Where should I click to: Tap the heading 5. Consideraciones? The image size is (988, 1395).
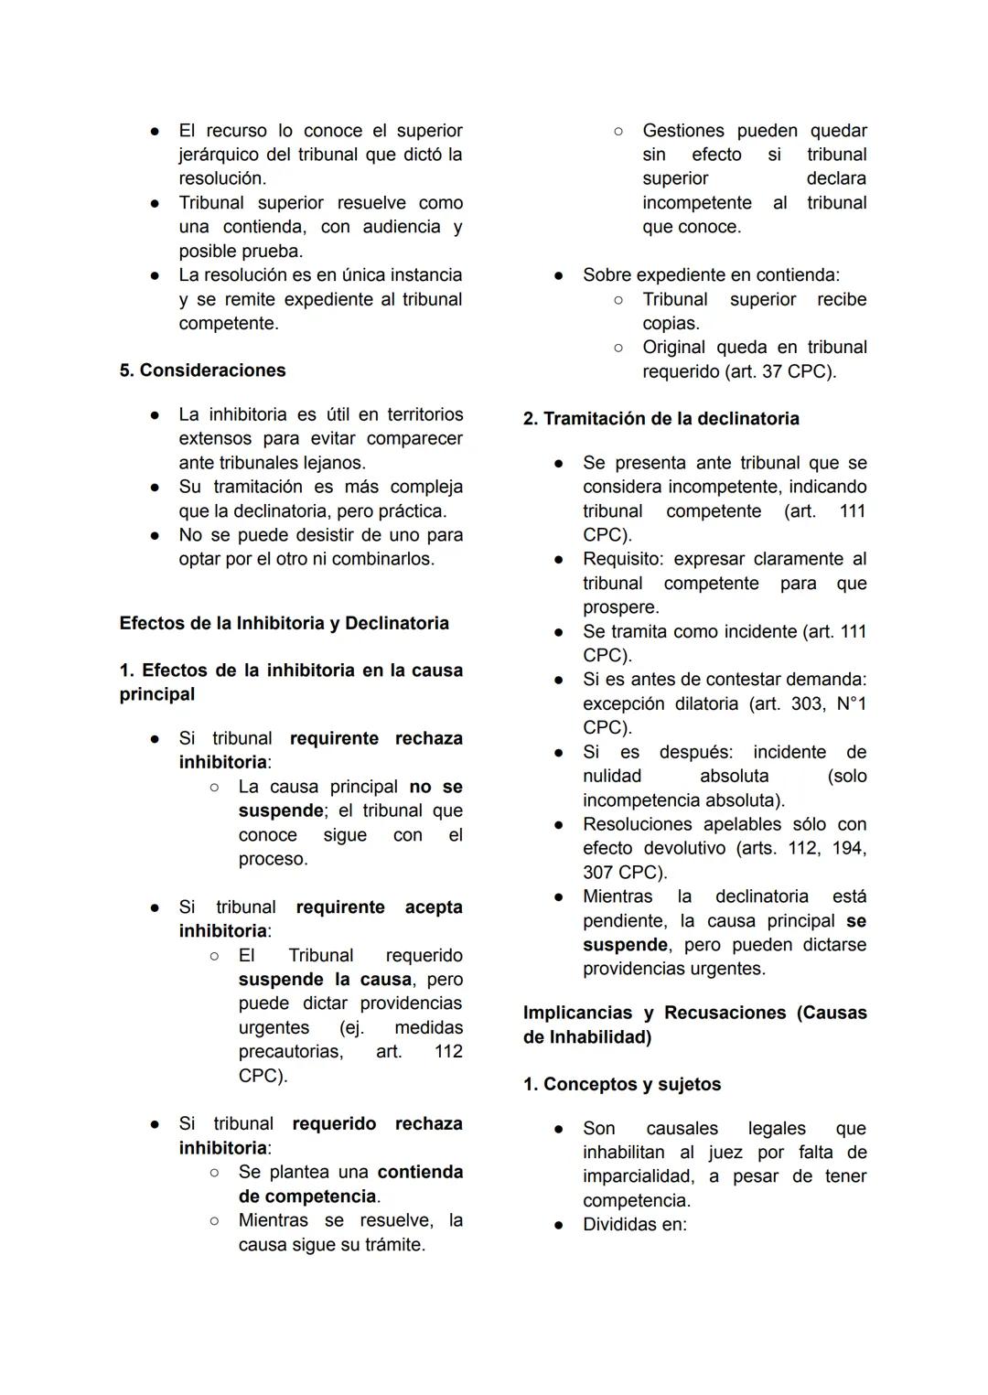(202, 370)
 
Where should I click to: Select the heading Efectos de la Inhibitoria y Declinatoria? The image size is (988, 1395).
(284, 624)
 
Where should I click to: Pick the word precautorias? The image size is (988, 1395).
(290, 1052)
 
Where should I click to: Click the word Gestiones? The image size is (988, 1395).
(683, 131)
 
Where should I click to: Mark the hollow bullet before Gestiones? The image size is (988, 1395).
(618, 131)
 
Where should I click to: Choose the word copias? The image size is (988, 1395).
(671, 324)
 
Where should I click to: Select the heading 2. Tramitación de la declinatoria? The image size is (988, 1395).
(660, 419)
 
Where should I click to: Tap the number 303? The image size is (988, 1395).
(805, 704)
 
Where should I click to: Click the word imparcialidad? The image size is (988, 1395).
(638, 1176)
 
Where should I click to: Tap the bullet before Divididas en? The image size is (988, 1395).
(558, 1225)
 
